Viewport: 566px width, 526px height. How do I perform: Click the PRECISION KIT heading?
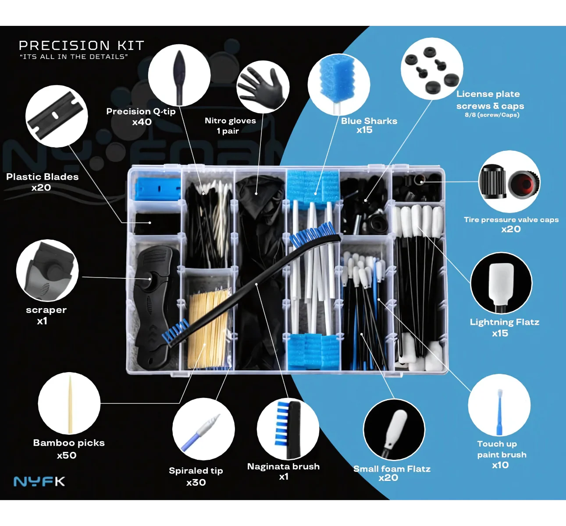pyautogui.click(x=81, y=46)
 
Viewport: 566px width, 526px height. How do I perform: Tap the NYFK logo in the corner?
pyautogui.click(x=39, y=481)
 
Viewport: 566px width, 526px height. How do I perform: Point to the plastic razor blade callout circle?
pyautogui.click(x=57, y=116)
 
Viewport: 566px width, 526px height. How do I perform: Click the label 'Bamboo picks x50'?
pyautogui.click(x=69, y=449)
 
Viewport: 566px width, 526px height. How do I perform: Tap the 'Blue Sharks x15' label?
pyautogui.click(x=369, y=125)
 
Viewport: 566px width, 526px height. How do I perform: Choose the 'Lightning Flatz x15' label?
pyautogui.click(x=505, y=327)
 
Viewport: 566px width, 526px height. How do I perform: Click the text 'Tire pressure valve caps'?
pyautogui.click(x=511, y=220)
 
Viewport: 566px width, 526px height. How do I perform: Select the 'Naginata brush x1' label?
pyautogui.click(x=283, y=471)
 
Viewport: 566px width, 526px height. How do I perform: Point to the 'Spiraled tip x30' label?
pyautogui.click(x=196, y=476)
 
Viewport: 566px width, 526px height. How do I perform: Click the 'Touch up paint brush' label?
pyautogui.click(x=502, y=449)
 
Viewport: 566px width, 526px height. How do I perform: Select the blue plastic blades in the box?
pyautogui.click(x=157, y=188)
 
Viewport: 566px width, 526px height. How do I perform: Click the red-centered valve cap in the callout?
pyautogui.click(x=524, y=183)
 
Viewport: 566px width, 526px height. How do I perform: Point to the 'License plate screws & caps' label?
pyautogui.click(x=490, y=100)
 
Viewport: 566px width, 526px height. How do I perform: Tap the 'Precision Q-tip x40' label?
pyautogui.click(x=141, y=117)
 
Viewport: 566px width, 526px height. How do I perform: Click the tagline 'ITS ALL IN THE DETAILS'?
pyautogui.click(x=74, y=57)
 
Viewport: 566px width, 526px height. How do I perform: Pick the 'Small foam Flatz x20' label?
pyautogui.click(x=392, y=473)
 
